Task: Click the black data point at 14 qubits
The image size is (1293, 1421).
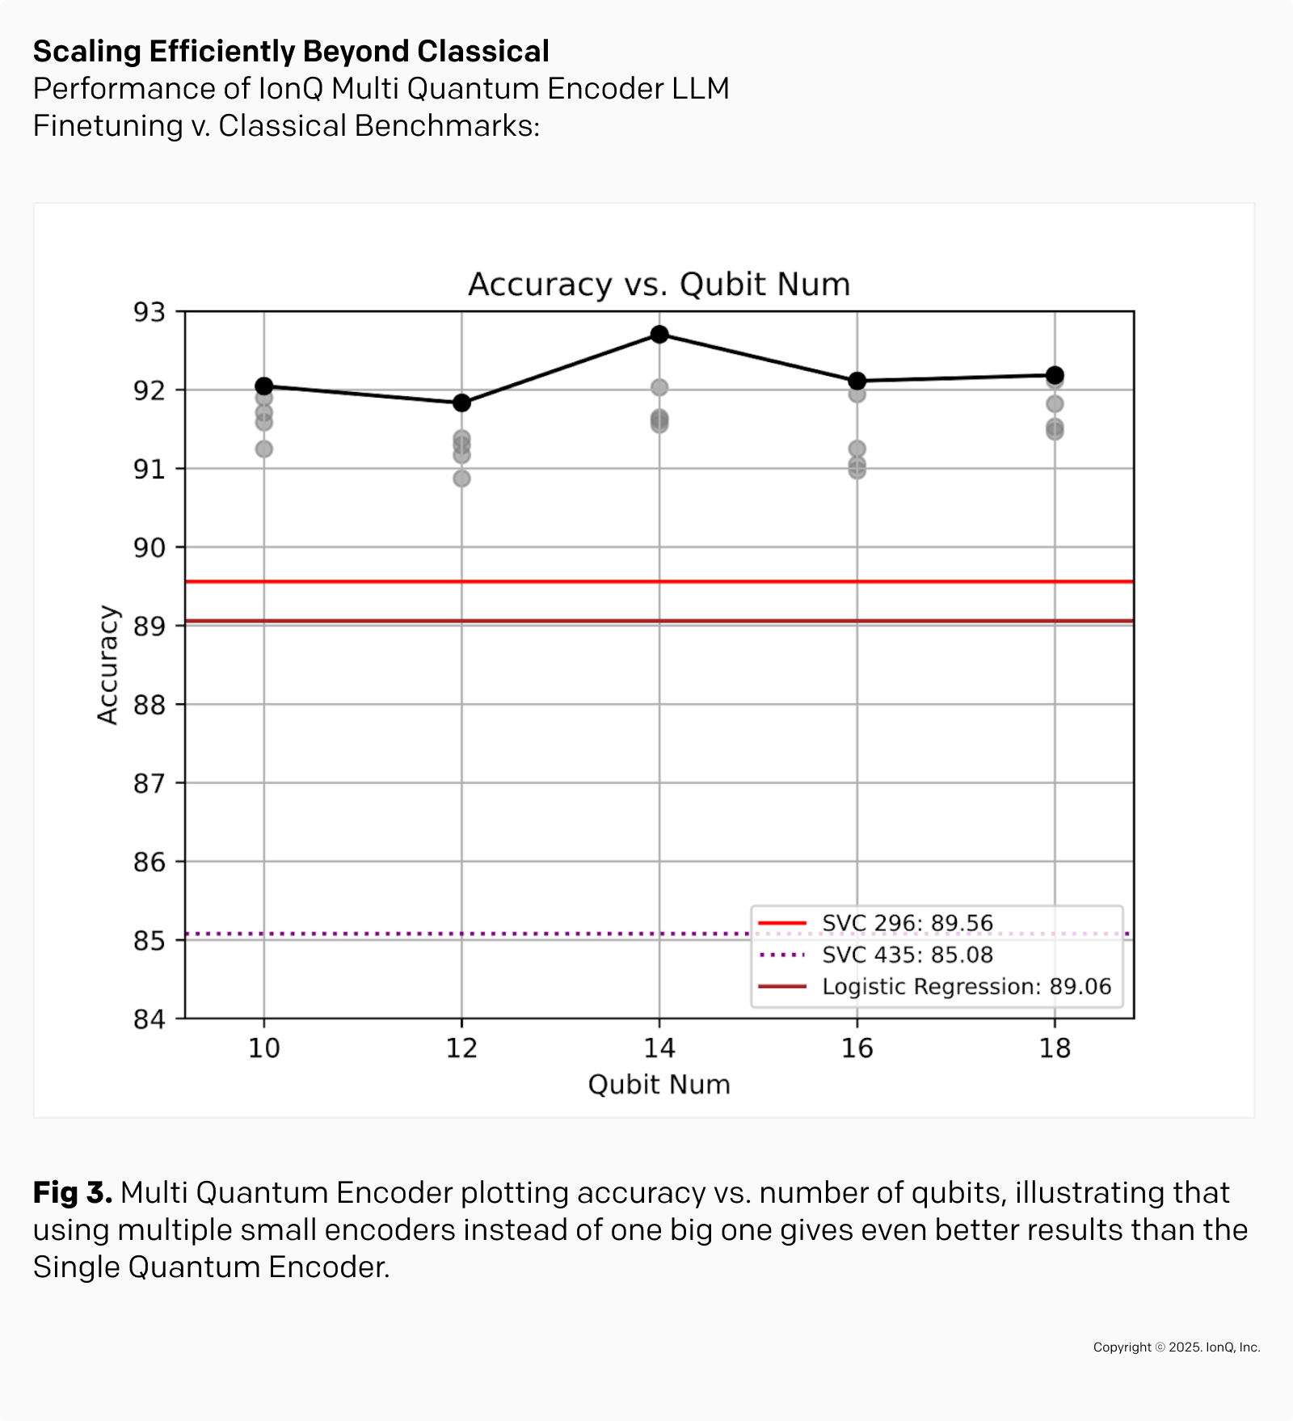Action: click(659, 334)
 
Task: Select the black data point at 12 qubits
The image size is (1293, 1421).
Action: click(461, 403)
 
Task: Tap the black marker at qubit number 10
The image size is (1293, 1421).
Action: click(263, 386)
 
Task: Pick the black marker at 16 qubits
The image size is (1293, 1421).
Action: click(857, 381)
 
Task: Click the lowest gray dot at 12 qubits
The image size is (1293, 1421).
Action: click(461, 479)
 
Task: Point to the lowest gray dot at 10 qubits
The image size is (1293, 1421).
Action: click(263, 449)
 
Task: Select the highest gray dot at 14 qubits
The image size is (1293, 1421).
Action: click(659, 387)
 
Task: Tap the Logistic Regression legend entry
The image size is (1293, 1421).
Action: click(966, 987)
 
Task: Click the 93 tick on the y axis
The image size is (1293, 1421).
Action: click(150, 312)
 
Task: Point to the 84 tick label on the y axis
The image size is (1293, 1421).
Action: click(150, 1019)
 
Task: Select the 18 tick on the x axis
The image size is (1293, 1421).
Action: click(1055, 1048)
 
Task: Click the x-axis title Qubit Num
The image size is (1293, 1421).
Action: click(659, 1085)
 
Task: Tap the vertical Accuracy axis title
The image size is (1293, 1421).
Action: click(107, 664)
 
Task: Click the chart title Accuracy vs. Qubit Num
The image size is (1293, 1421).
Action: click(659, 285)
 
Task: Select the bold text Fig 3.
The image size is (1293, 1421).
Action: click(72, 1192)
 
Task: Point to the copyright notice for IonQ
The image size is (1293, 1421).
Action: click(1176, 1347)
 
